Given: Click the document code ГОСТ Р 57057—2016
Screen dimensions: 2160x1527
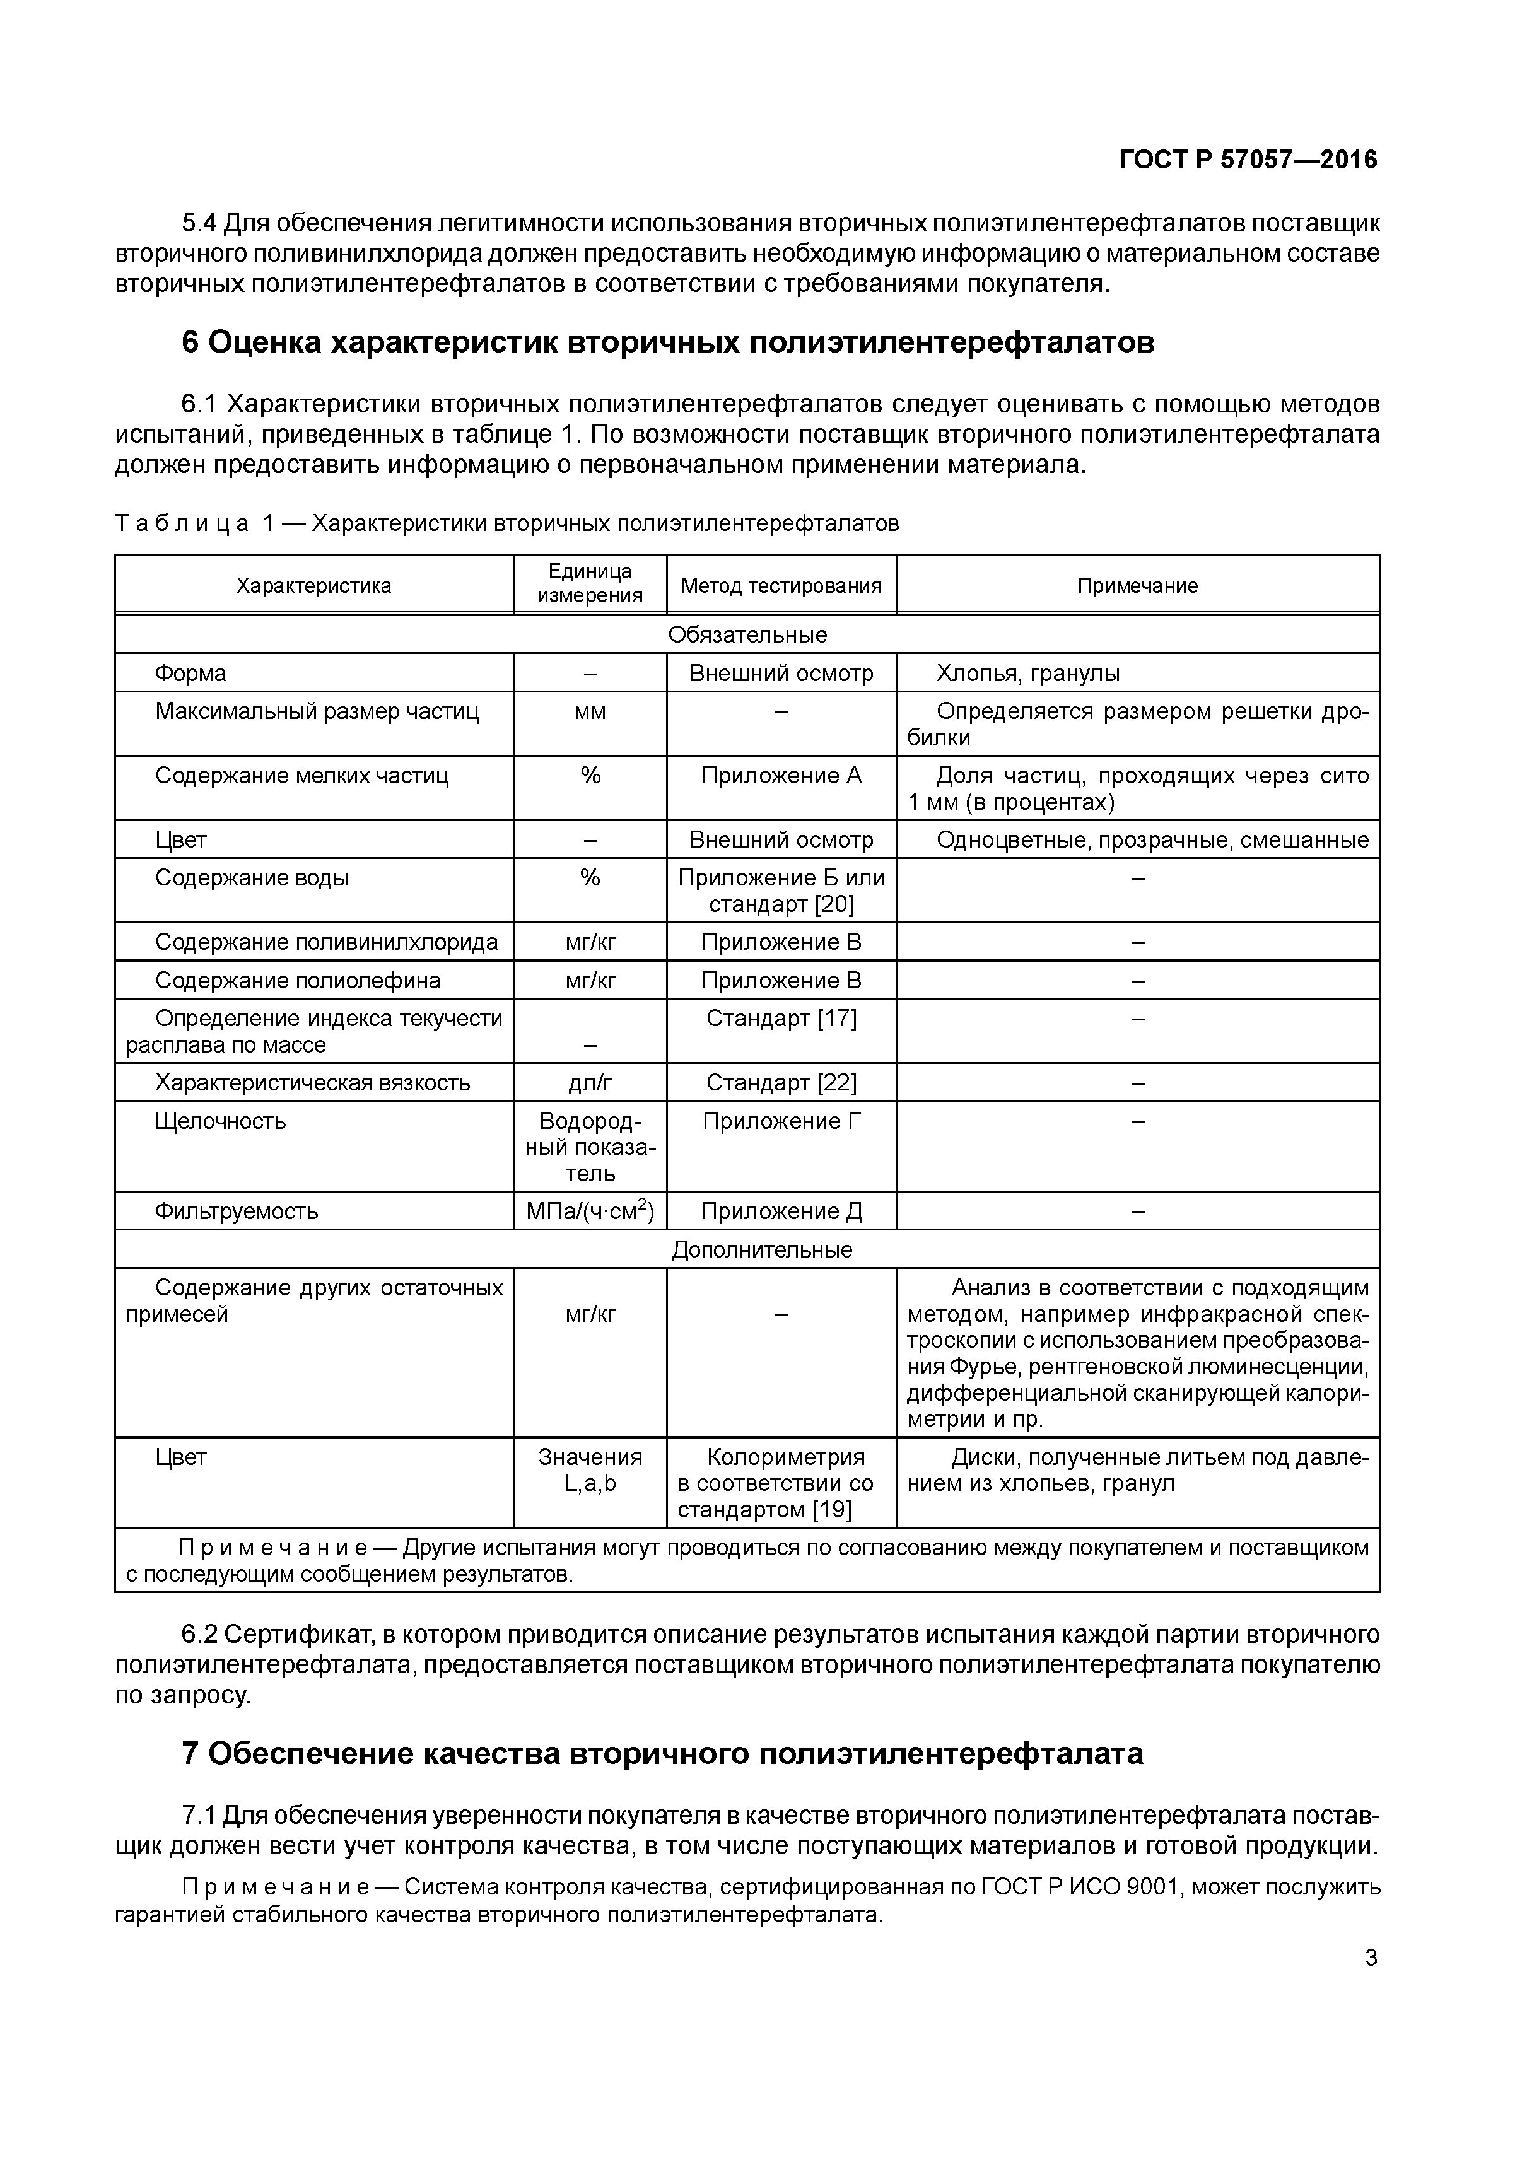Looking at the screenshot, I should coord(1248,160).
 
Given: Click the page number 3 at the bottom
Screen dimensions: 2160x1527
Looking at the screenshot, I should coord(1371,1958).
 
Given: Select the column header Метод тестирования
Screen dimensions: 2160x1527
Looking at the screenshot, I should coord(781,586).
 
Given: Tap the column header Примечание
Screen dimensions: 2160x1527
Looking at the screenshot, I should coord(1137,586).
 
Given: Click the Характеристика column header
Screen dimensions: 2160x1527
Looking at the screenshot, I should coord(313,586).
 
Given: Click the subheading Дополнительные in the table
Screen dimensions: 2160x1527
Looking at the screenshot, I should coord(762,1249).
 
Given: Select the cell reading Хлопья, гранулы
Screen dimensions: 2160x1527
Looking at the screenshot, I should coord(1027,674).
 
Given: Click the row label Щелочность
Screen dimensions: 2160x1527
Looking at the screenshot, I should coord(220,1121).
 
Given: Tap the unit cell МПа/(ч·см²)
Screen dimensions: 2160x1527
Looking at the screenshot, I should coord(590,1211).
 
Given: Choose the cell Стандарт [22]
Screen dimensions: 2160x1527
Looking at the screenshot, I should coord(781,1083).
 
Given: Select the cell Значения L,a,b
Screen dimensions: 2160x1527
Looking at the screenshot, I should coord(590,1471).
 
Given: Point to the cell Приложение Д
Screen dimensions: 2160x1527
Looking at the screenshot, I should coord(781,1211).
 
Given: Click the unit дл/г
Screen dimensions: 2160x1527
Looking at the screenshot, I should coord(590,1083).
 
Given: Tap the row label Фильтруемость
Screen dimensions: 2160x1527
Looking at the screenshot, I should coord(236,1211).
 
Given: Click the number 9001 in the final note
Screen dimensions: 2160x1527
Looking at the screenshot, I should coord(1152,1887).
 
